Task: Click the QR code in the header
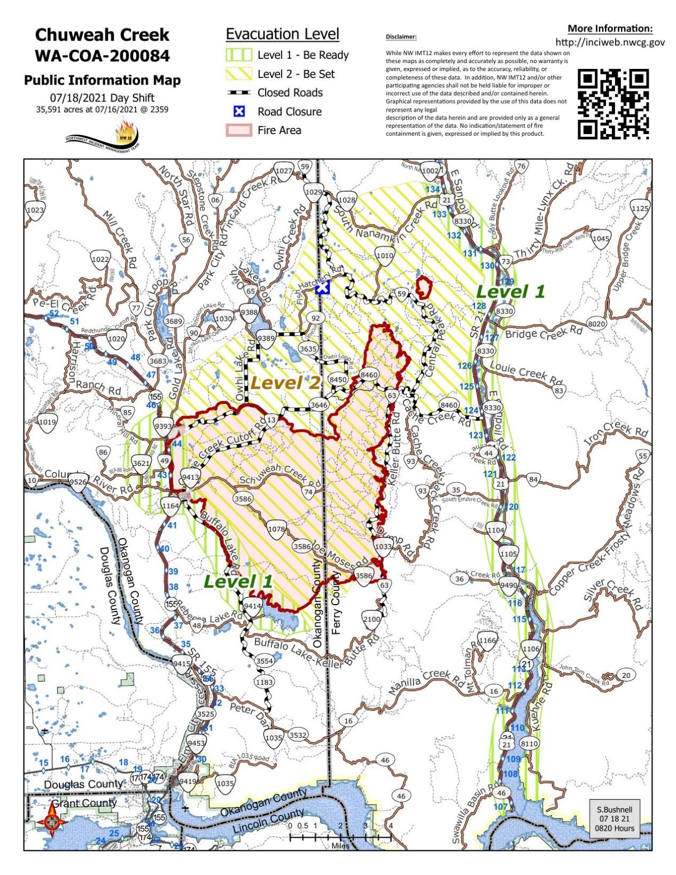click(613, 104)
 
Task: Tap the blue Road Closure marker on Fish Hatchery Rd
click(322, 288)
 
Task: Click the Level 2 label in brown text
click(285, 382)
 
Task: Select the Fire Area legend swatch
click(238, 130)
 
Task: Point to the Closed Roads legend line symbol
click(238, 93)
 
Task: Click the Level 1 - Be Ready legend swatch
click(238, 55)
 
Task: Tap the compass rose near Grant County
click(52, 821)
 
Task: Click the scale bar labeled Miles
click(340, 837)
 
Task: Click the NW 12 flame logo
click(126, 133)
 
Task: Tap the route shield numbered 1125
click(640, 208)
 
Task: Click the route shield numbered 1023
click(35, 210)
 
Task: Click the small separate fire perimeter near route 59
click(424, 288)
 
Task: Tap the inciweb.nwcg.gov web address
click(610, 42)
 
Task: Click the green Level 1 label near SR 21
click(510, 292)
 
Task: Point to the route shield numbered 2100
click(371, 619)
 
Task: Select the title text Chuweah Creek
click(102, 35)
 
